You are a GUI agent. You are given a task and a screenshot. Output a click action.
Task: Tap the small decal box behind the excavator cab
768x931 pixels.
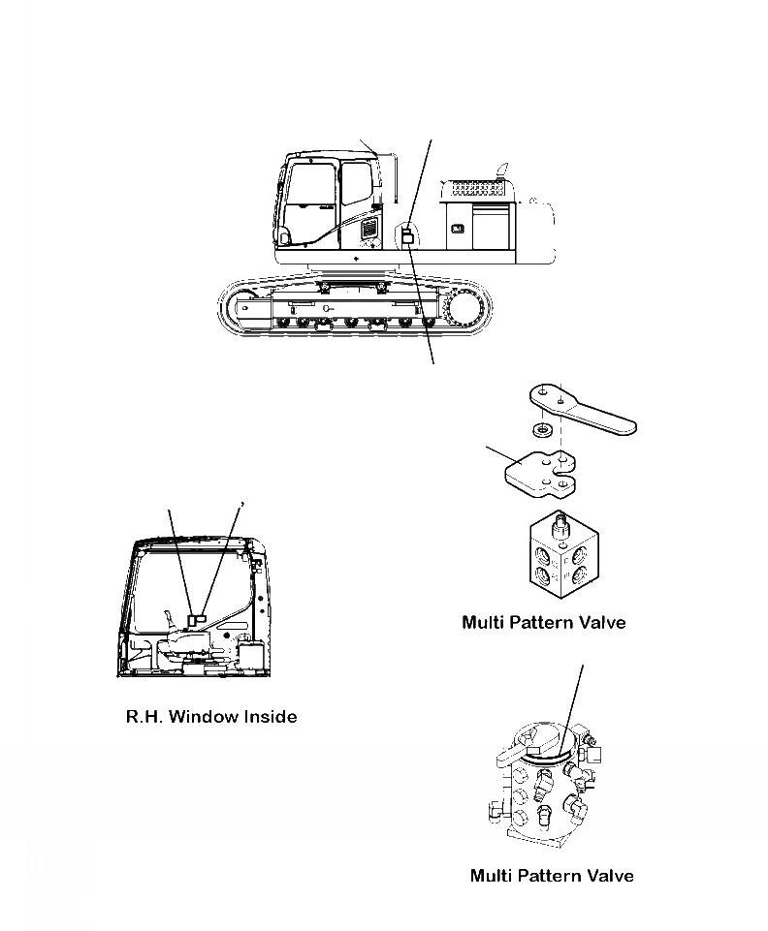pyautogui.click(x=408, y=236)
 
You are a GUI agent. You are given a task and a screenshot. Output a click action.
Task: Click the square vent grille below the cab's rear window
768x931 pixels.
pyautogui.click(x=369, y=230)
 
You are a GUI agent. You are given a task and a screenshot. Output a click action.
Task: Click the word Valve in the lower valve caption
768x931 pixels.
pyautogui.click(x=610, y=876)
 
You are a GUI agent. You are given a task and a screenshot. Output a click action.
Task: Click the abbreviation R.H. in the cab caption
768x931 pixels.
pyautogui.click(x=145, y=718)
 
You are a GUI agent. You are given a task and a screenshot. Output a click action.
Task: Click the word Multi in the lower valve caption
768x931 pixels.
pyautogui.click(x=494, y=876)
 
